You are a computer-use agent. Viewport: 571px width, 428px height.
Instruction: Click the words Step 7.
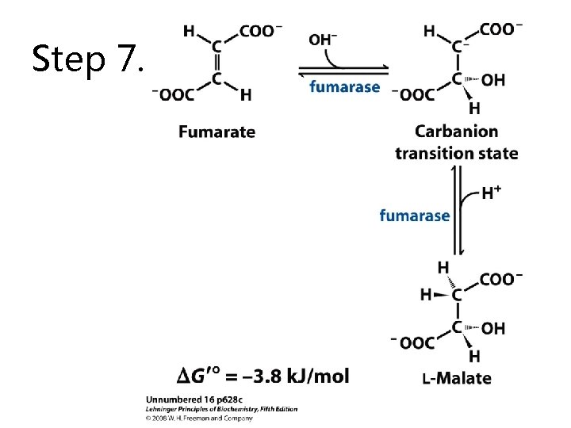pos(88,59)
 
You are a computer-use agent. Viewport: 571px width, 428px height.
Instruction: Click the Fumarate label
pos(217,132)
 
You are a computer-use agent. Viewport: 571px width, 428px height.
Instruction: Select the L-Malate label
pos(457,379)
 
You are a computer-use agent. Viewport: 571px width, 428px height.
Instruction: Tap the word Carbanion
pos(456,132)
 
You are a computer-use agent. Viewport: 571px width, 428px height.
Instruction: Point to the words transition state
pos(457,153)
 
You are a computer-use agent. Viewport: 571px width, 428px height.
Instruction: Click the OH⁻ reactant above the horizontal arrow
pos(323,40)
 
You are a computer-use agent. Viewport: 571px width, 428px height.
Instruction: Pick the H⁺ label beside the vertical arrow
pos(491,193)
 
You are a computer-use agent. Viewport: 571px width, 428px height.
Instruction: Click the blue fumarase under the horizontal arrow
pos(345,87)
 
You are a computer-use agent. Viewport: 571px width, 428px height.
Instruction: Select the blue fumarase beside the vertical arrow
pos(415,216)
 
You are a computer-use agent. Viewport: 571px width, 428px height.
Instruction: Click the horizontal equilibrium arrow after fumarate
pos(343,71)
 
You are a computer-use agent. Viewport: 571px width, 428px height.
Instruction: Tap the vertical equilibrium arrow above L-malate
pos(458,210)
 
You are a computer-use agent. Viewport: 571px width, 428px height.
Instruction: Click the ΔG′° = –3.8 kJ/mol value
pos(263,376)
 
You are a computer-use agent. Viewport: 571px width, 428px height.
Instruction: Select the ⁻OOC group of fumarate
pos(174,94)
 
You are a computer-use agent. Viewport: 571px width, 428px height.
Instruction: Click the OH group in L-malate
pos(493,329)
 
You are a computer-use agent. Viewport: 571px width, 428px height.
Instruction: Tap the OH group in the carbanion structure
pos(493,80)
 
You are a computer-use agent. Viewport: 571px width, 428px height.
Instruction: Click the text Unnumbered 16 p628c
pos(194,399)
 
